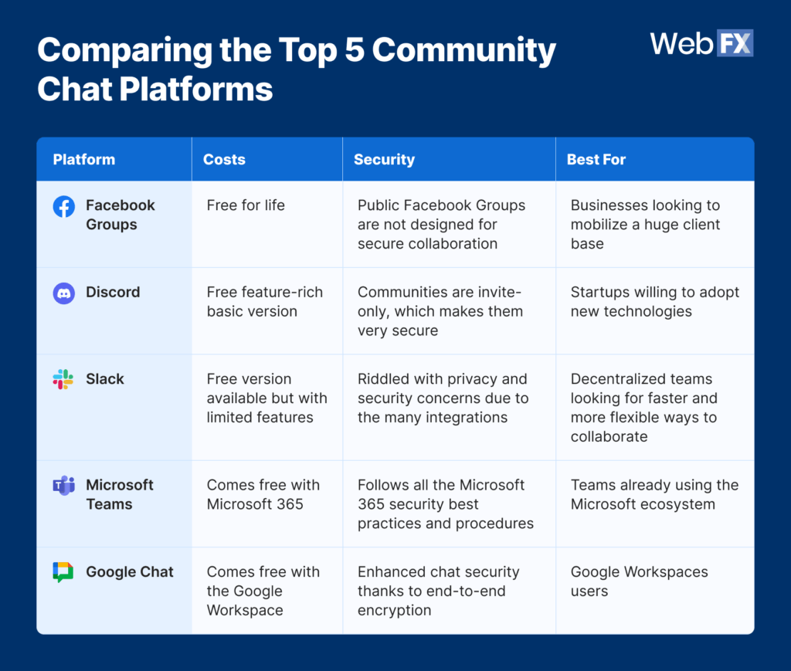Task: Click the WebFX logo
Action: coord(701,43)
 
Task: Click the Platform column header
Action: coord(83,160)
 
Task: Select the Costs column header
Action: coord(224,160)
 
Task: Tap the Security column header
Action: coord(384,160)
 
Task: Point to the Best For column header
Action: coord(596,160)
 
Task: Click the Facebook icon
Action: coord(63,207)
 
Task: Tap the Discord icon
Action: coord(63,293)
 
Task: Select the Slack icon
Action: coord(63,379)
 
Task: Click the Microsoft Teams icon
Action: coord(63,486)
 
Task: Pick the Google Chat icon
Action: coord(63,572)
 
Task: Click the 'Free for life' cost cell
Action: coord(246,205)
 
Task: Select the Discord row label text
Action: coord(113,293)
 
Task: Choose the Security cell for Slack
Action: coord(443,398)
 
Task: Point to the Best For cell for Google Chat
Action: coord(639,581)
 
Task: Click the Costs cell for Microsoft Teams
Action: coord(263,494)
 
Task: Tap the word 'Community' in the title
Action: coord(469,51)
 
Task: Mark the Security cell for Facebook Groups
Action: coord(441,225)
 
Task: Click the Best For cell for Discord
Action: coord(654,302)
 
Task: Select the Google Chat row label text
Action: coord(130,572)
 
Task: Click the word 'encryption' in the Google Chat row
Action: coord(394,610)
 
